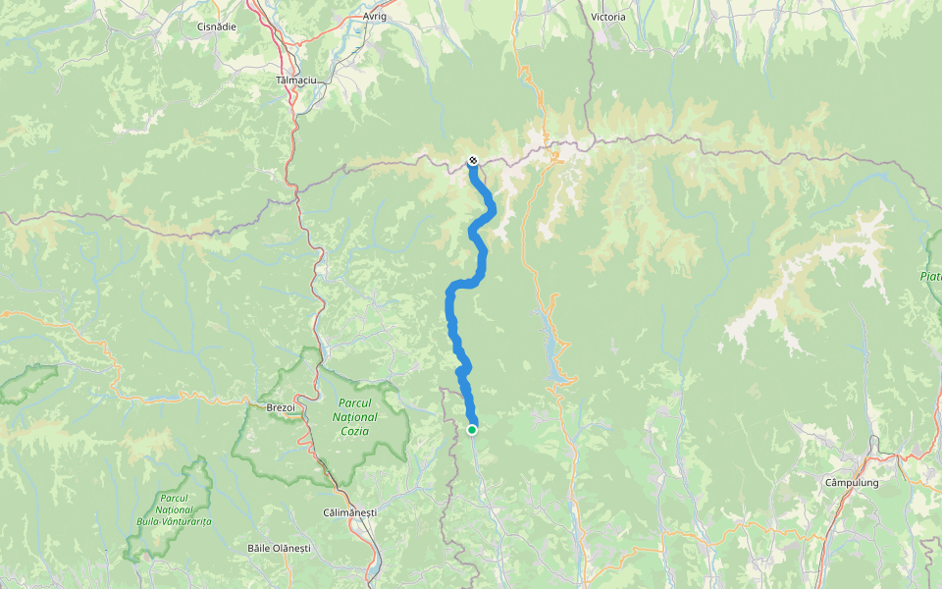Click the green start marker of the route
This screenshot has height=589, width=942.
coord(472,429)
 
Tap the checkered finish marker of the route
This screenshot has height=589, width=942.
coord(473,160)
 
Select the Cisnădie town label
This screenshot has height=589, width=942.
coord(216,27)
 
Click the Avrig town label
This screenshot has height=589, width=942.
coord(375,17)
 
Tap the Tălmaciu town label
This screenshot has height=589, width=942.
coord(295,80)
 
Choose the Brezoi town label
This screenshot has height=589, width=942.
coord(281,406)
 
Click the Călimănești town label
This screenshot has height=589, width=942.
coord(349,513)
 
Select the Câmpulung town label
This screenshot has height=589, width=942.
coord(852,483)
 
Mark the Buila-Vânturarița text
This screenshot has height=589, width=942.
coord(175,521)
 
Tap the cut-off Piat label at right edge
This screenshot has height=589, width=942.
coord(930,277)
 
